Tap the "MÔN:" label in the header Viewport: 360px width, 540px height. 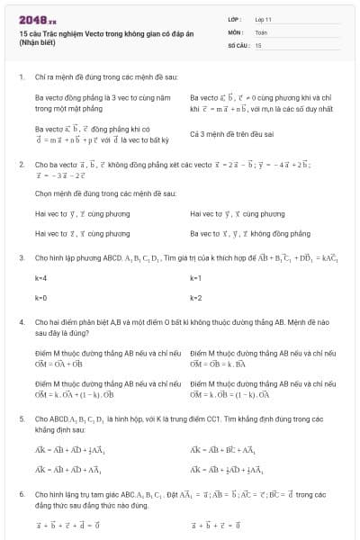coord(235,31)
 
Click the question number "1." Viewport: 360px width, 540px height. coord(21,77)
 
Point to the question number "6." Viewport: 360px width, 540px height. coord(21,495)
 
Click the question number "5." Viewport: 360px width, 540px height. coord(21,419)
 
